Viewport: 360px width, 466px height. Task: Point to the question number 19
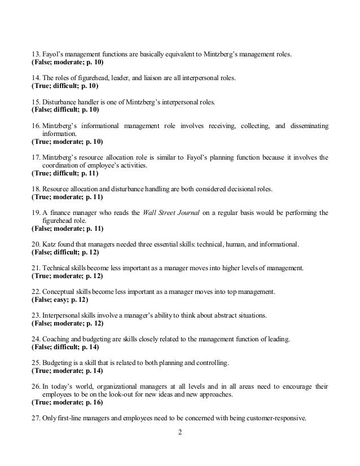(x=35, y=213)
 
